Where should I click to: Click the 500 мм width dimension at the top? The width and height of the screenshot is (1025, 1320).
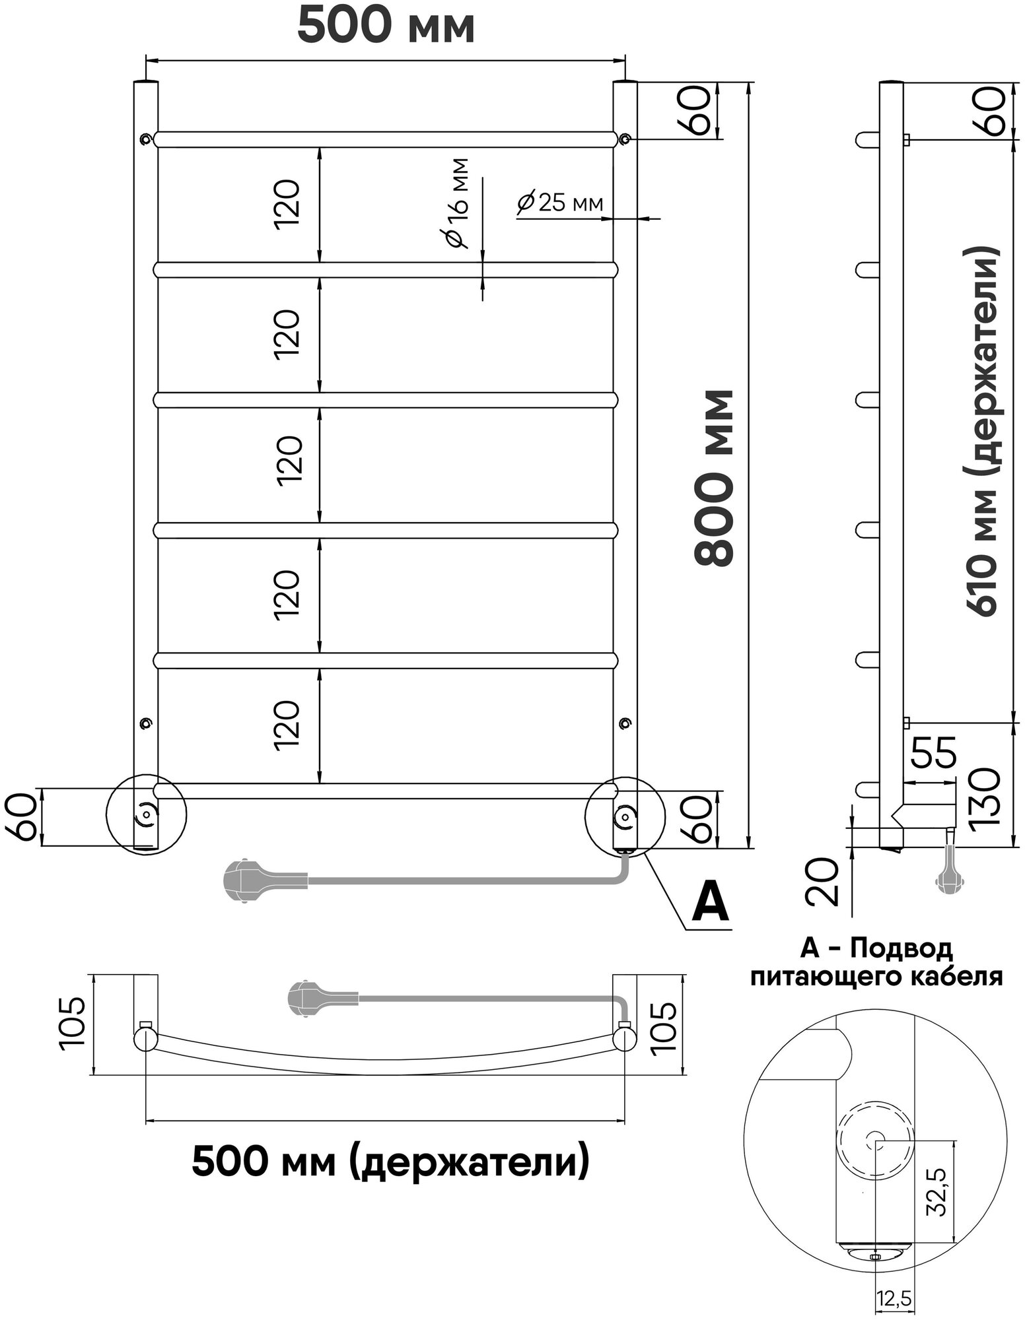[386, 26]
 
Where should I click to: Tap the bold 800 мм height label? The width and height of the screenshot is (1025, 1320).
[715, 478]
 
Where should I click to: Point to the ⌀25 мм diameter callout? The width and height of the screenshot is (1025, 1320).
[561, 202]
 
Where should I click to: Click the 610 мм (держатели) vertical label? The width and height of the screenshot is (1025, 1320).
[983, 432]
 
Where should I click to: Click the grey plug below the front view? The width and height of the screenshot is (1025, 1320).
[248, 880]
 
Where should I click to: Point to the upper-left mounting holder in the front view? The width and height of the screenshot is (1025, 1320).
[145, 139]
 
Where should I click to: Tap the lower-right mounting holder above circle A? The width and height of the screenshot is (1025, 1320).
[624, 724]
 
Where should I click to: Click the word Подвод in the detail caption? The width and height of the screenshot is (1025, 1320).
[901, 950]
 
